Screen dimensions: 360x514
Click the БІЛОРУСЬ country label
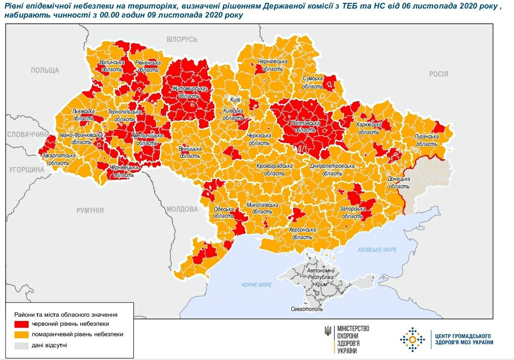(x=182, y=39)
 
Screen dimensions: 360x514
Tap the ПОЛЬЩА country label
(x=45, y=70)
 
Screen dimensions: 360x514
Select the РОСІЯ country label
(x=438, y=74)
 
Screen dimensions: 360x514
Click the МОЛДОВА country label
(x=182, y=209)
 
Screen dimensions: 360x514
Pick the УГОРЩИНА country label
(x=23, y=169)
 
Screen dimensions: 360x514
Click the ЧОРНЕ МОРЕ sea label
(x=256, y=284)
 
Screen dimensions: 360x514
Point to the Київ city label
(x=235, y=100)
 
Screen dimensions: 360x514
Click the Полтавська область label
(x=305, y=126)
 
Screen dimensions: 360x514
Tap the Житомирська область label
(x=189, y=92)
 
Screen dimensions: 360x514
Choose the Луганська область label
(x=426, y=140)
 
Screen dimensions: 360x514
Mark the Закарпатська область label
(x=59, y=159)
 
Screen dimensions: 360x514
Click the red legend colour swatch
(x=21, y=324)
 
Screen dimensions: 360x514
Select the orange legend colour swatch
(x=21, y=334)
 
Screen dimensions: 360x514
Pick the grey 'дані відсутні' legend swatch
(x=21, y=345)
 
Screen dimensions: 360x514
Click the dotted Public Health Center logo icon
(x=412, y=339)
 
